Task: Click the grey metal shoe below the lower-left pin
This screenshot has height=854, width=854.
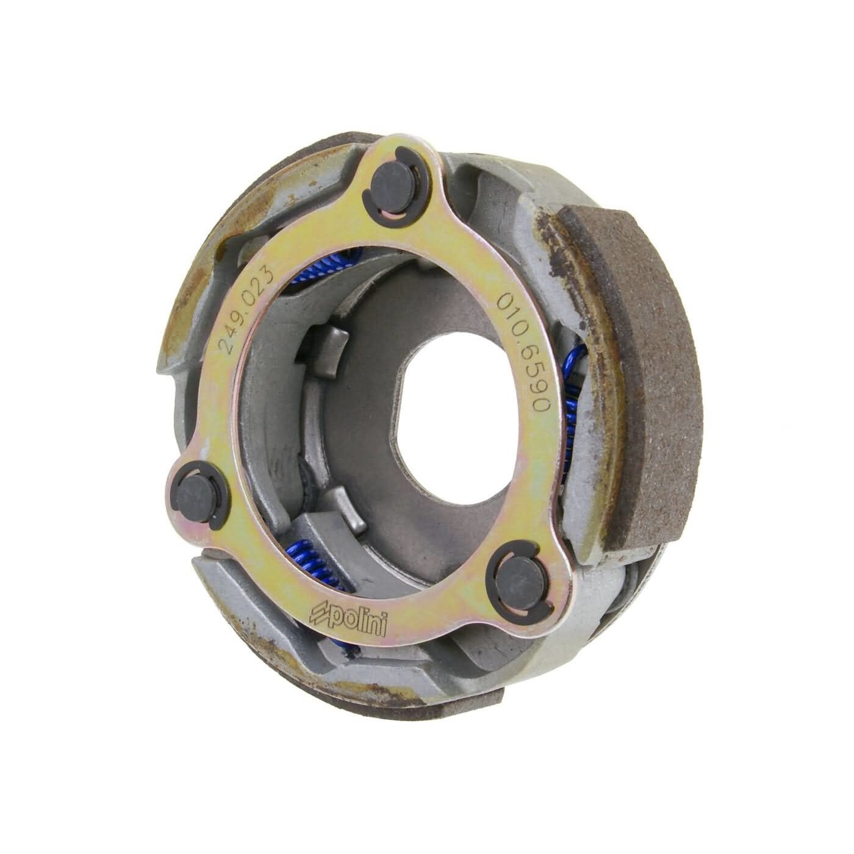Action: pos(226,573)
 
